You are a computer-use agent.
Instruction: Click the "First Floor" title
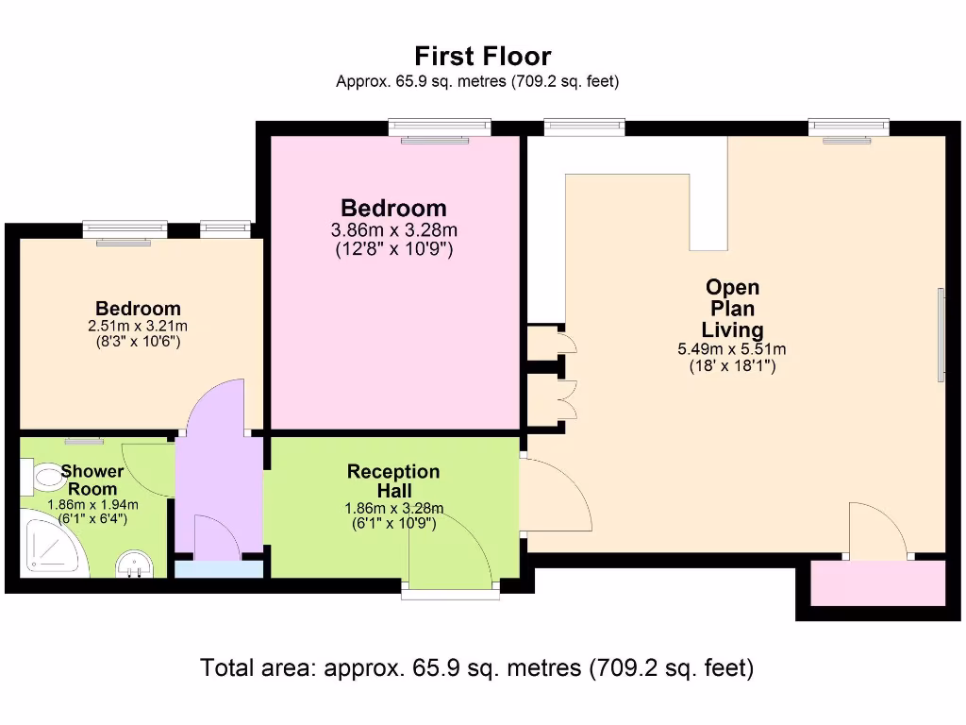pyautogui.click(x=482, y=57)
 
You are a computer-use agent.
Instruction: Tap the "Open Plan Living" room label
pyautogui.click(x=732, y=309)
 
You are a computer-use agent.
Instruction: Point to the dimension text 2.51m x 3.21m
pyautogui.click(x=138, y=326)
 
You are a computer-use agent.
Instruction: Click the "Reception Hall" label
pyautogui.click(x=393, y=481)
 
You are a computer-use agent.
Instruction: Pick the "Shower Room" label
pyautogui.click(x=92, y=480)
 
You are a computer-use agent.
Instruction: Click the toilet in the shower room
pyautogui.click(x=42, y=477)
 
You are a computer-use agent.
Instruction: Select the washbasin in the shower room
pyautogui.click(x=135, y=567)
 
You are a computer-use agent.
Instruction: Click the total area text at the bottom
pyautogui.click(x=476, y=668)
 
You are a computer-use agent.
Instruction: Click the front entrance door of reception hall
pyautogui.click(x=451, y=557)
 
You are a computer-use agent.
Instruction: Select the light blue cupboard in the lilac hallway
pyautogui.click(x=219, y=568)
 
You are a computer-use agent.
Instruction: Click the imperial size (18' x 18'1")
pyautogui.click(x=732, y=366)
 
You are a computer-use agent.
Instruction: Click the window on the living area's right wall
pyautogui.click(x=941, y=335)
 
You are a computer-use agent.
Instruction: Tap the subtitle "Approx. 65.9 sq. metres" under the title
pyautogui.click(x=477, y=82)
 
